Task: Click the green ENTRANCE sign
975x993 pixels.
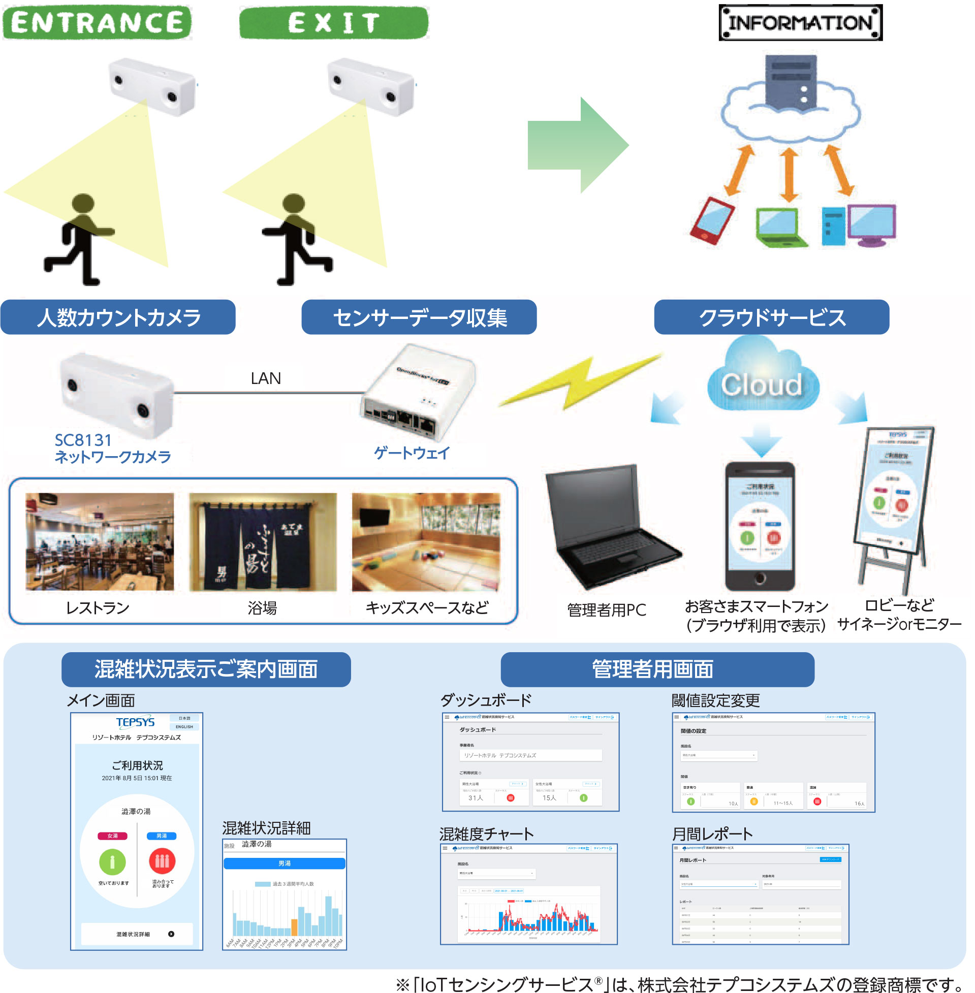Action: click(97, 22)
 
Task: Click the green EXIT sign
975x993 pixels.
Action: click(333, 22)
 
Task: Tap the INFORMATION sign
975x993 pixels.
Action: click(800, 22)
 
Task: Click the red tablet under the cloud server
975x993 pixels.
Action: click(712, 220)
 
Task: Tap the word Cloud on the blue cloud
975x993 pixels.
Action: click(762, 385)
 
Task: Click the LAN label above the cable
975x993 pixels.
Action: click(266, 378)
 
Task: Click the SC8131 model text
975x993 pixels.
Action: click(83, 440)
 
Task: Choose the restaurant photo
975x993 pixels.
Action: click(100, 541)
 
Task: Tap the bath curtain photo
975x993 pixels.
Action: click(263, 541)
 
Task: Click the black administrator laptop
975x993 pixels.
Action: click(609, 527)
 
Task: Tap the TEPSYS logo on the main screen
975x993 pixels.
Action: click(135, 722)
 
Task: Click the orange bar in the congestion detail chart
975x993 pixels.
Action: click(295, 927)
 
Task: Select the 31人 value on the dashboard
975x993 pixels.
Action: click(475, 797)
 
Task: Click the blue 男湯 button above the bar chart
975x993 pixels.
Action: click(284, 863)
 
